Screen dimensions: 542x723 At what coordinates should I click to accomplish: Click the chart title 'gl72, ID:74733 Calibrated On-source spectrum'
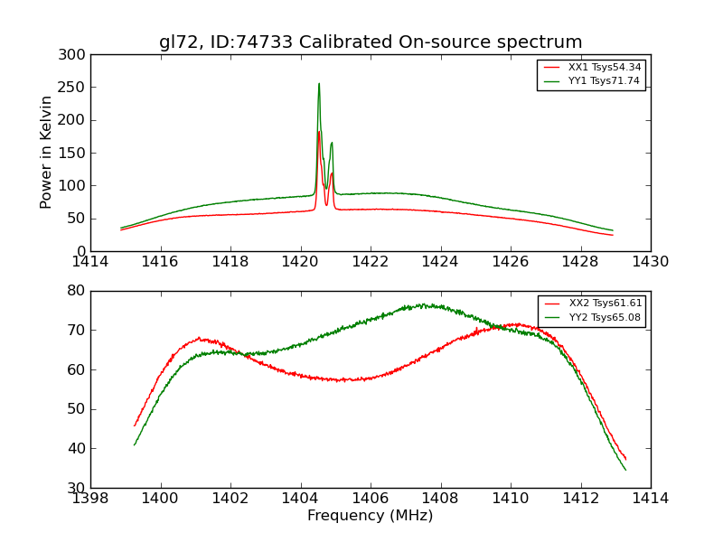371,42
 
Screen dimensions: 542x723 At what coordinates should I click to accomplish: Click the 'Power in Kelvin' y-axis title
46,153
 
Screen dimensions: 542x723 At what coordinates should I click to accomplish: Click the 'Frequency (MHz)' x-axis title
371,516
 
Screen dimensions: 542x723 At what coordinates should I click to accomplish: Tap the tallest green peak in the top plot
319,84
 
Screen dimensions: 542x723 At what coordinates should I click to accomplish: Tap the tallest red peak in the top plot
319,132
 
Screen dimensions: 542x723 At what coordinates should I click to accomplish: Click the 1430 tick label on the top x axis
651,262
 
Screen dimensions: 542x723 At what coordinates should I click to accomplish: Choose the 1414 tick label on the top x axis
90,262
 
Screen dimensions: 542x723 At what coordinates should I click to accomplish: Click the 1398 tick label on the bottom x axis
90,499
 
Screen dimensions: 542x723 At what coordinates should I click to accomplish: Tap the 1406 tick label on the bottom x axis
371,499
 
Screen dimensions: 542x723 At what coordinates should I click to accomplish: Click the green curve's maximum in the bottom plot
421,305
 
